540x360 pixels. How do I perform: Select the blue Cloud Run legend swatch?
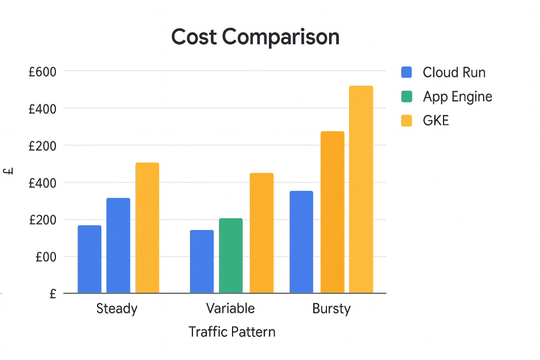[407, 72]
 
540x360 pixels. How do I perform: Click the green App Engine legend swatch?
[407, 96]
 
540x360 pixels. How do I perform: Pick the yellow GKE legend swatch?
[407, 121]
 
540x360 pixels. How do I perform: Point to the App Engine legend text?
[457, 97]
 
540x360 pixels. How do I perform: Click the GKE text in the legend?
[436, 121]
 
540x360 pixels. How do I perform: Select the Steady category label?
[117, 308]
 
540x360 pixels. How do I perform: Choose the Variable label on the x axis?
[230, 308]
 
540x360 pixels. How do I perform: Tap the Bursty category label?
[331, 308]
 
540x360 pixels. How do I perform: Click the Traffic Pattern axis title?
[232, 332]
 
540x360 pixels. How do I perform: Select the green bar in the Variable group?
[230, 256]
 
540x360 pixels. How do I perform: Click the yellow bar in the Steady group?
[147, 228]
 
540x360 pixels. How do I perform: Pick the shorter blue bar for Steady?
[90, 259]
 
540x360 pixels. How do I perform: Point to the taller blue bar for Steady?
[118, 245]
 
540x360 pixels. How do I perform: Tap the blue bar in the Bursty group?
[301, 242]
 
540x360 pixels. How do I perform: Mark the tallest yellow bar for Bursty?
[361, 189]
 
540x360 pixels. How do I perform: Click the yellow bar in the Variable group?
[262, 233]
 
